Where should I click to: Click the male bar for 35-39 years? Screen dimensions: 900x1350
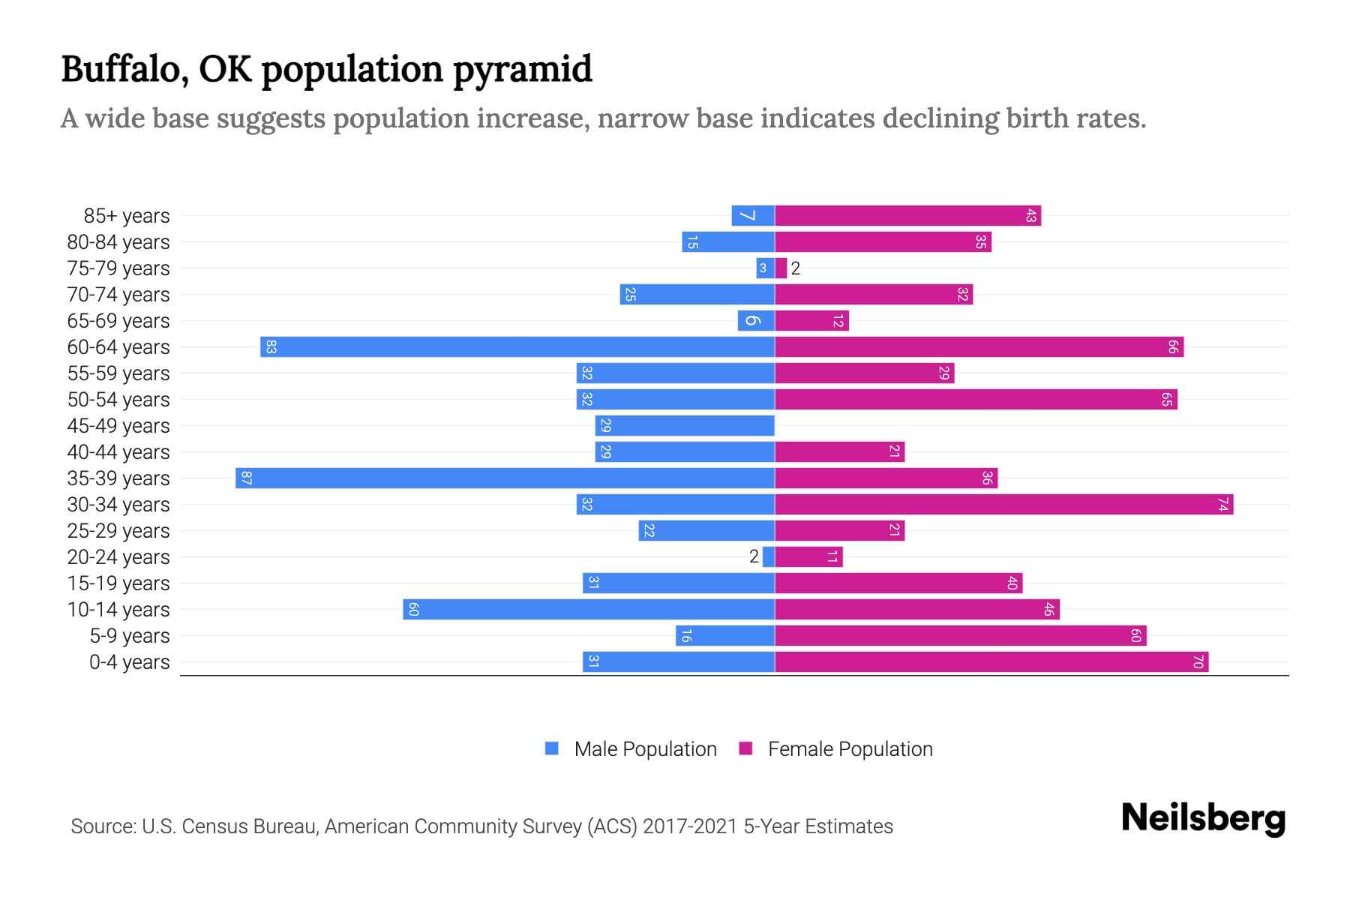click(x=505, y=478)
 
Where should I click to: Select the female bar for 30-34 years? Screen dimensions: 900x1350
click(x=1003, y=505)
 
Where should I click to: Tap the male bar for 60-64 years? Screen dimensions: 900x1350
click(x=517, y=347)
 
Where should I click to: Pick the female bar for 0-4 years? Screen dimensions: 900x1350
click(x=991, y=662)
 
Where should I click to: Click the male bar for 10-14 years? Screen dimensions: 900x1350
click(x=589, y=610)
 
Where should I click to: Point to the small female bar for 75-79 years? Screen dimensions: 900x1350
click(x=781, y=268)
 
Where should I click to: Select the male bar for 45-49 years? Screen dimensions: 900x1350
click(x=685, y=426)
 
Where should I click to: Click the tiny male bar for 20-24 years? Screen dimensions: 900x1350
click(x=769, y=557)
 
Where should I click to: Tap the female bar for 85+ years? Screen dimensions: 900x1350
click(x=907, y=216)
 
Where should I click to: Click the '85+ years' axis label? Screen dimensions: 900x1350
click(x=126, y=216)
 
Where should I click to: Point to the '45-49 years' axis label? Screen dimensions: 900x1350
click(x=118, y=426)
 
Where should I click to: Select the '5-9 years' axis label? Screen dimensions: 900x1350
click(x=129, y=636)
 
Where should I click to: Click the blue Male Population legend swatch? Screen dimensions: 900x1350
click(x=552, y=748)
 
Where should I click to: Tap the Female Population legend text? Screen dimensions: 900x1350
click(x=850, y=749)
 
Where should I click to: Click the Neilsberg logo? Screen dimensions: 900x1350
click(x=1203, y=818)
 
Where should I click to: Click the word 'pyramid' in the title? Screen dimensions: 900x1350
click(x=523, y=70)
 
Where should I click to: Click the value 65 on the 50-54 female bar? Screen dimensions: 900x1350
click(x=1166, y=400)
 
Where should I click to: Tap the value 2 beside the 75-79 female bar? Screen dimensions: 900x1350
click(x=796, y=268)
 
